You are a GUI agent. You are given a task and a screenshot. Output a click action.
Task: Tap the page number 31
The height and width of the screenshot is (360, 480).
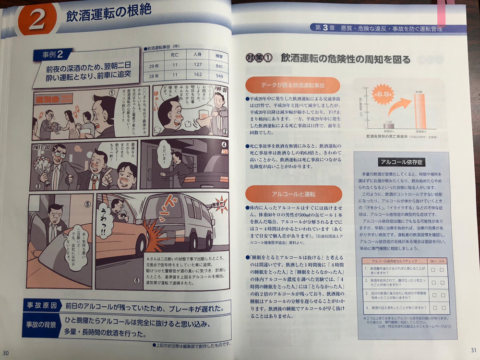(x=473, y=350)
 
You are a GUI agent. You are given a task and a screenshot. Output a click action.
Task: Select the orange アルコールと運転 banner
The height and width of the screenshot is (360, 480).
(x=293, y=194)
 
